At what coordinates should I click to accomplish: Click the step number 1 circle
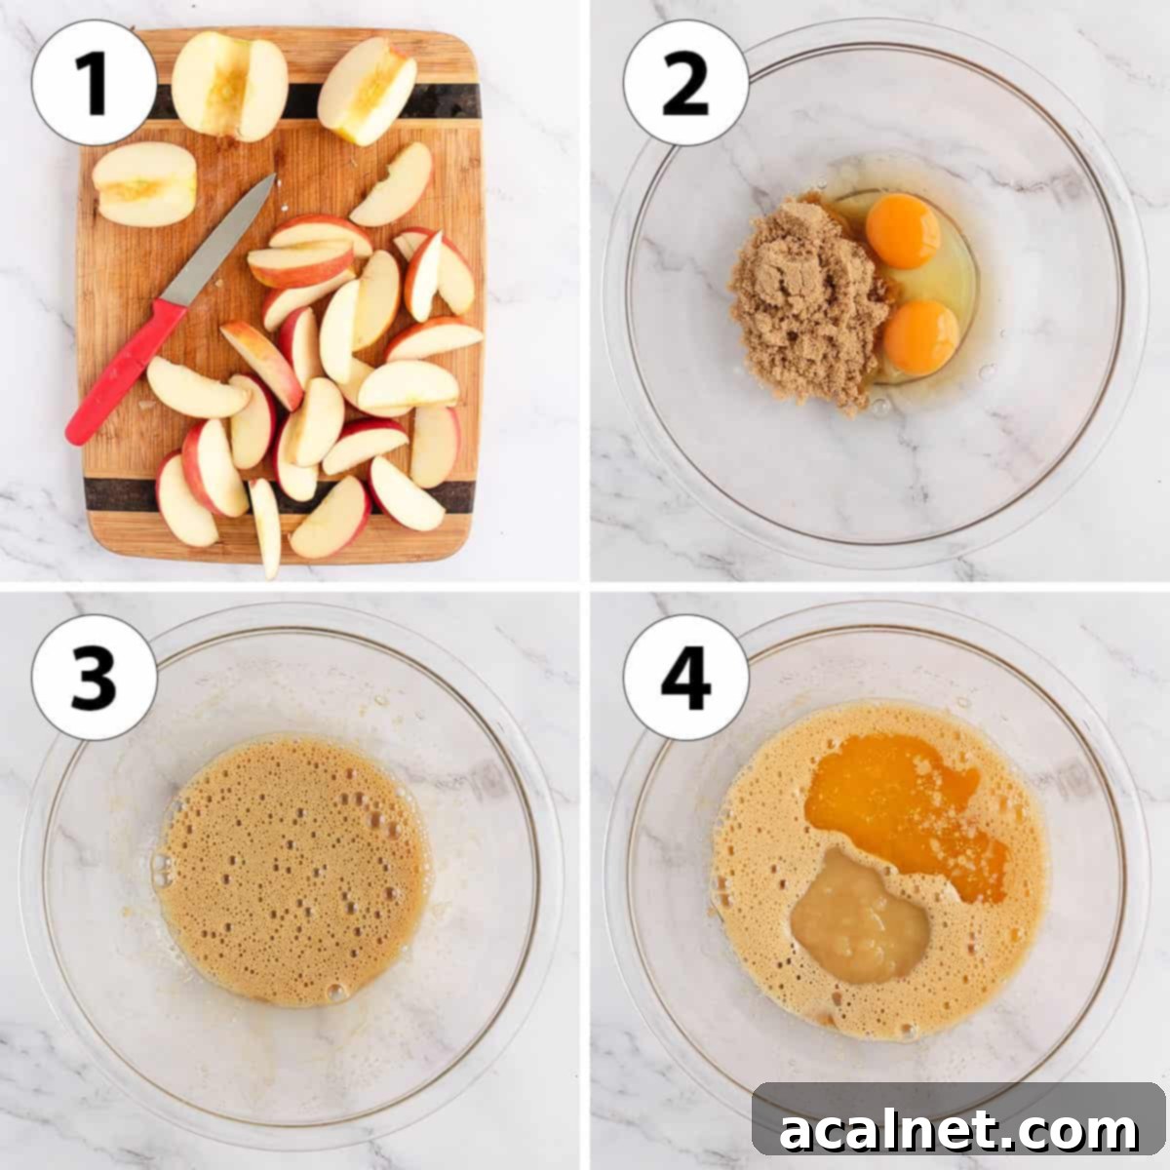pos(94,83)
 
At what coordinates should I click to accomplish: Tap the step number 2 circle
pos(685,83)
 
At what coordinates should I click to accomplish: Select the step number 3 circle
pos(94,677)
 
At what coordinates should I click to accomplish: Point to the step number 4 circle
pos(685,677)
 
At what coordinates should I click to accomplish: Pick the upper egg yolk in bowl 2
pos(902,230)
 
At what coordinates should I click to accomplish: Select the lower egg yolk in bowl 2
pos(920,337)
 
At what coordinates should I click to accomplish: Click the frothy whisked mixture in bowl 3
pos(292,868)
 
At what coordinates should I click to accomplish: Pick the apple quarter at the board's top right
pos(368,90)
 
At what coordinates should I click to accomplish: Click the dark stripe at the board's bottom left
pos(117,495)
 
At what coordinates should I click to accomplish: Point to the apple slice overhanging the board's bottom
pos(265,526)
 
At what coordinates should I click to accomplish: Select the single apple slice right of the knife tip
pos(392,185)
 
